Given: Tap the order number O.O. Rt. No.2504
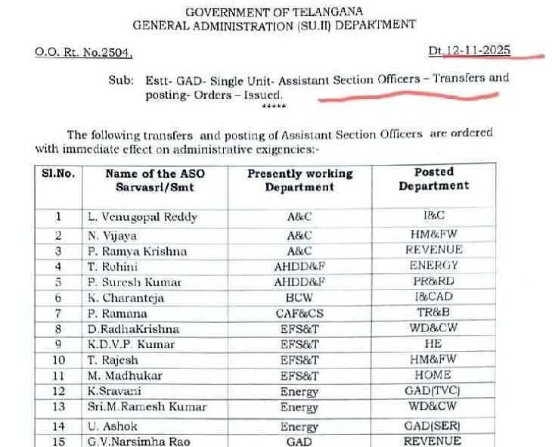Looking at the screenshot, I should [83, 52].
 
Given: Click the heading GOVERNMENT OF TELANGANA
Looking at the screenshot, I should [274, 11].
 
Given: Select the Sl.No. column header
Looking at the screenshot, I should [59, 173].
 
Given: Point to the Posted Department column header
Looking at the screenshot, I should [434, 178].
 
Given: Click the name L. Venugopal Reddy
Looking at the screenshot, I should [142, 217].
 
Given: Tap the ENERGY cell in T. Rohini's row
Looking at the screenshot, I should [434, 265].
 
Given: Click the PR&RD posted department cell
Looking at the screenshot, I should [434, 282].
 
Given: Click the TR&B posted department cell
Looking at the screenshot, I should [434, 312].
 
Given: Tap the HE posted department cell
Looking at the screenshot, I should [434, 343].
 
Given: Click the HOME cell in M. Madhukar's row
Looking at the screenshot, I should [434, 375].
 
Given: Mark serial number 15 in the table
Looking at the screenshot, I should [58, 441].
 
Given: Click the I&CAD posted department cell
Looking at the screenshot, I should [434, 297].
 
